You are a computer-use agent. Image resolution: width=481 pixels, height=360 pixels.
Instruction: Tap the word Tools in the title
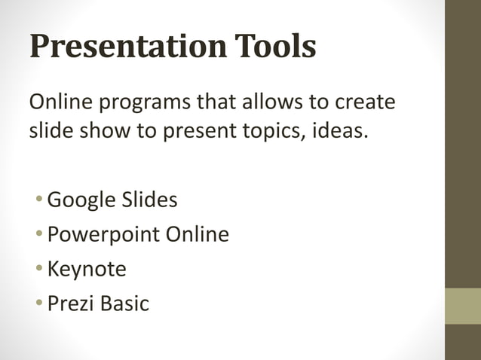(x=270, y=47)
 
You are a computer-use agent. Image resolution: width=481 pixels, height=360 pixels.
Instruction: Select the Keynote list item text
(x=87, y=270)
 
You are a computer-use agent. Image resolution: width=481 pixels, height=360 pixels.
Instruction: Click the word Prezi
(x=68, y=304)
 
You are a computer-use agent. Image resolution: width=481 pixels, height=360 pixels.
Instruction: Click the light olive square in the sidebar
(x=463, y=306)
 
